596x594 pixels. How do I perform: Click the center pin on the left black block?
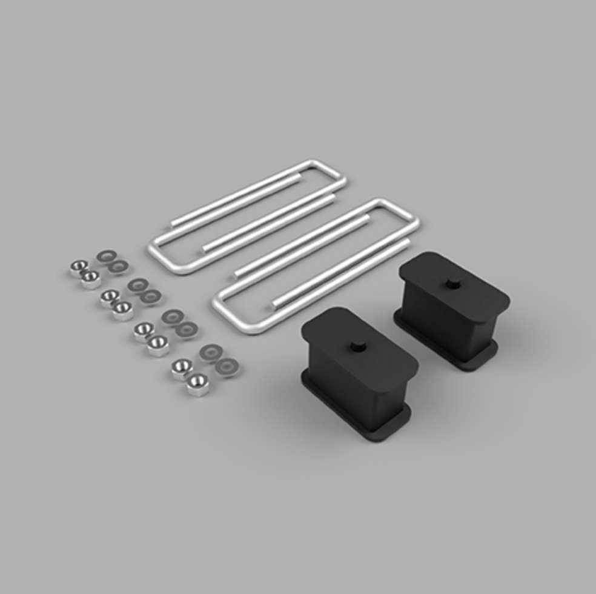point(355,346)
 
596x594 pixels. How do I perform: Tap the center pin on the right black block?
point(452,283)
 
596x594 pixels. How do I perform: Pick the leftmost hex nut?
point(78,267)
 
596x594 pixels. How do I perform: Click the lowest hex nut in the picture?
point(197,384)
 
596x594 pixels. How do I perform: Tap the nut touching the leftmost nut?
point(91,279)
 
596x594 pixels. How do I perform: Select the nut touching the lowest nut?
point(182,368)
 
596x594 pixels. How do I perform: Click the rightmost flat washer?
point(227,366)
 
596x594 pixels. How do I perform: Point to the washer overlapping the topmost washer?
point(118,266)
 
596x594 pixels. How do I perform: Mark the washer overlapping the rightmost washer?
point(211,353)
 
